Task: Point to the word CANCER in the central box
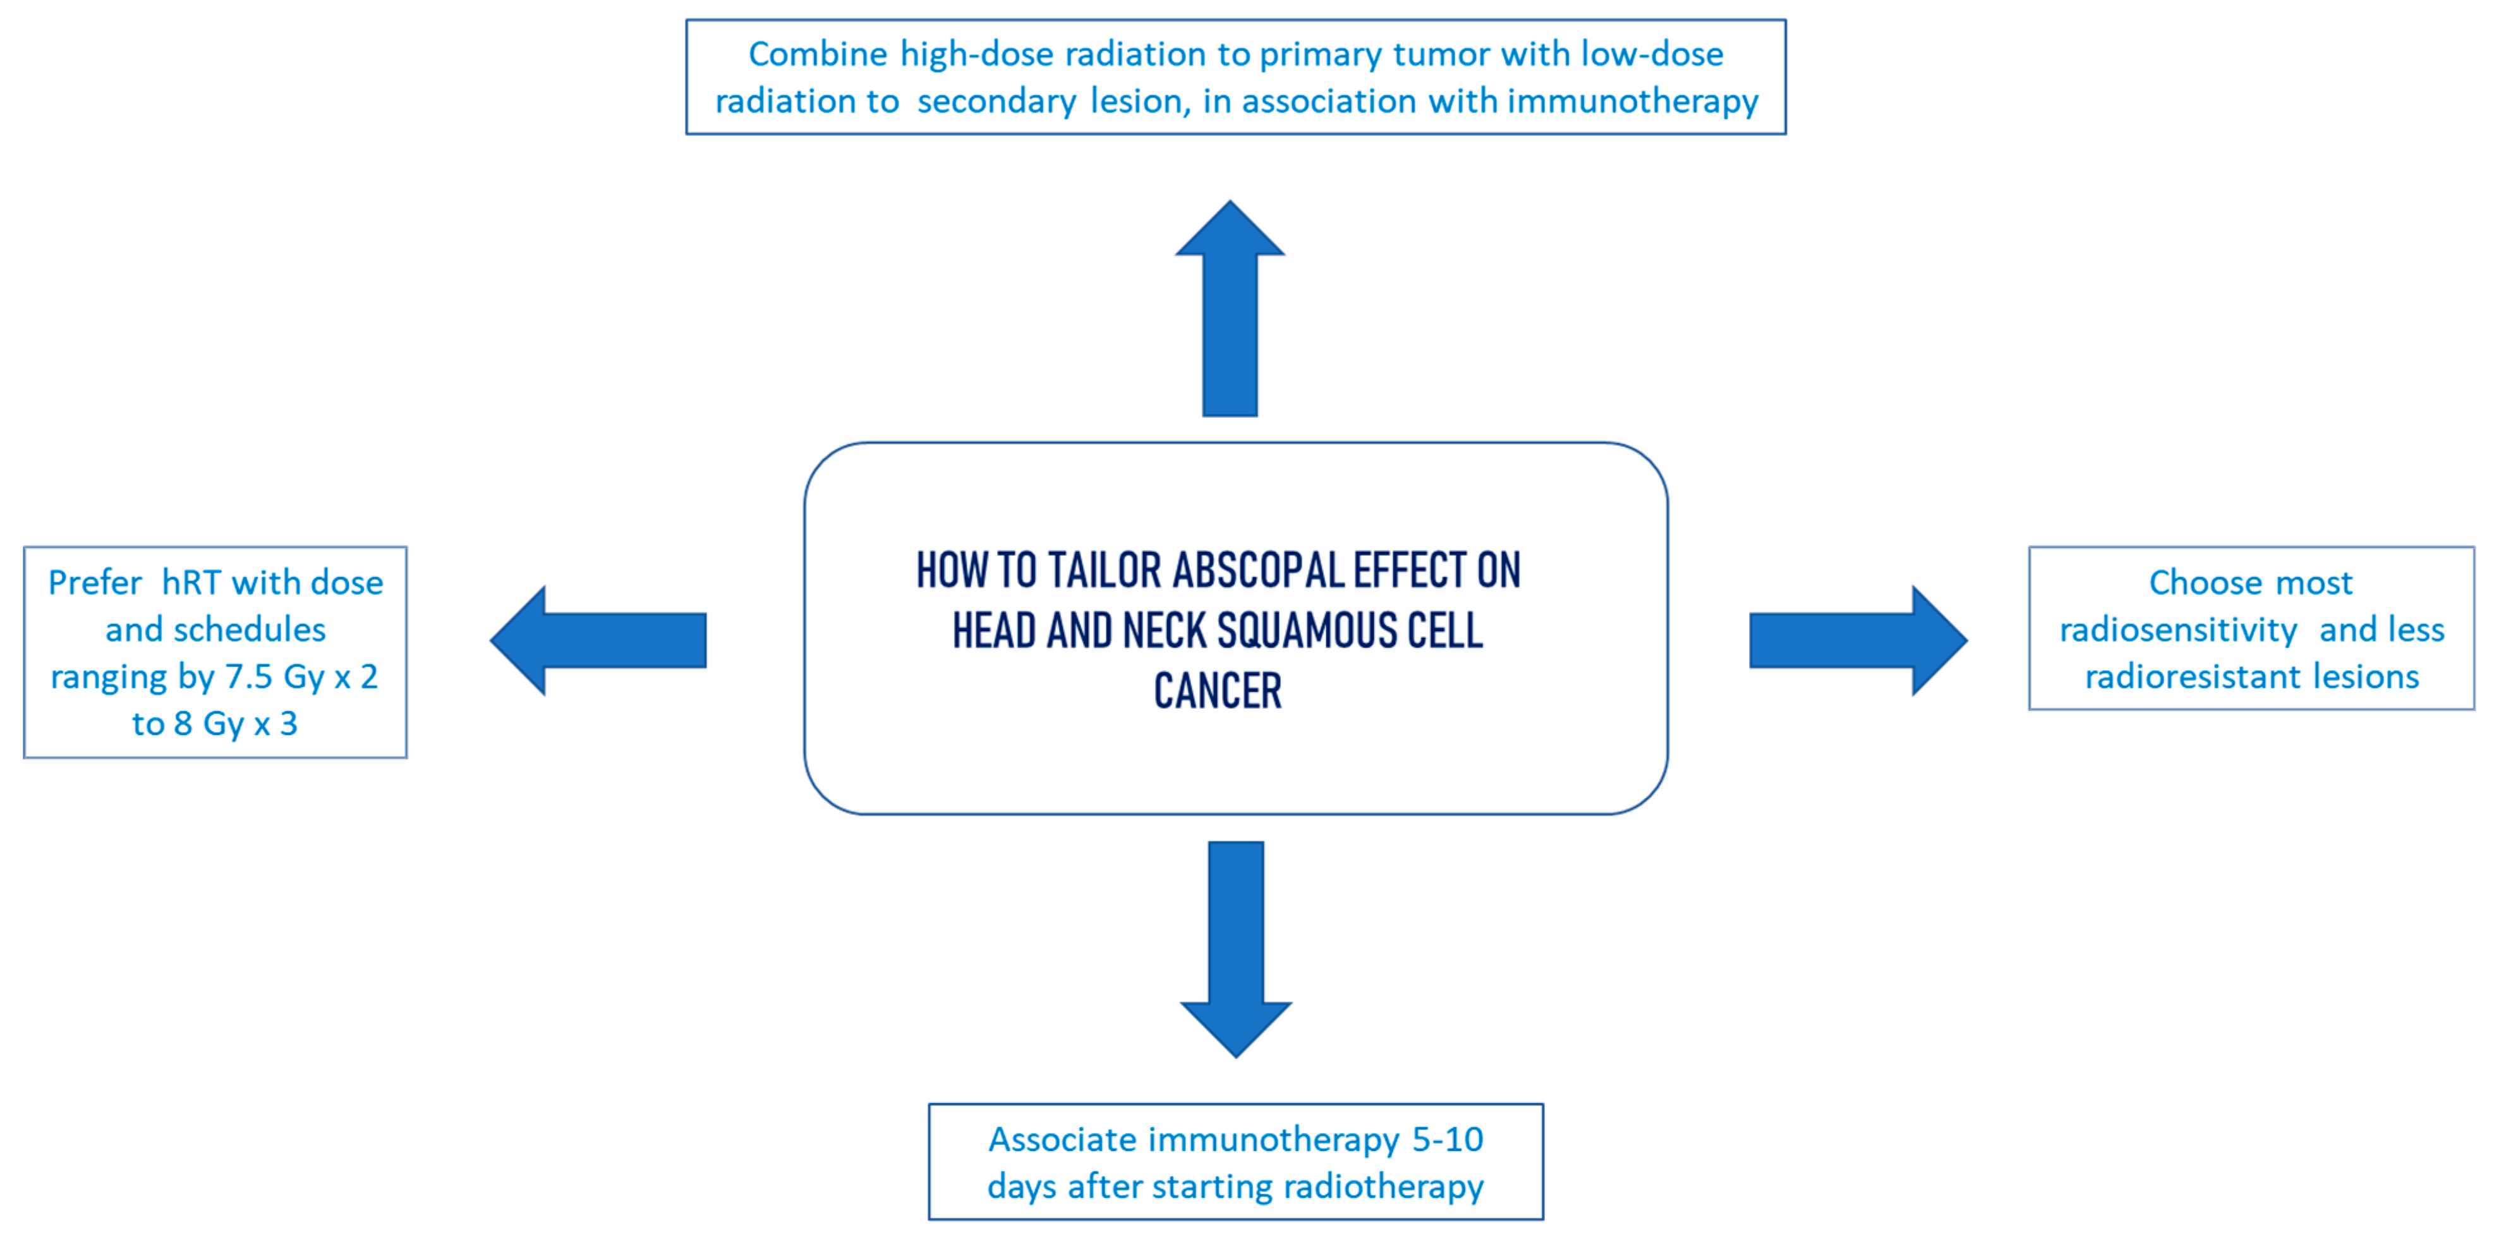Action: pyautogui.click(x=1218, y=692)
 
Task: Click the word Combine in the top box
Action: pyautogui.click(x=817, y=54)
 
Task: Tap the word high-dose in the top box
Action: pyautogui.click(x=976, y=54)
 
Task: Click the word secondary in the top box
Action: pyautogui.click(x=996, y=101)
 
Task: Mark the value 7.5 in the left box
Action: pyautogui.click(x=248, y=676)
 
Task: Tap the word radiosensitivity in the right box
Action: pyautogui.click(x=2178, y=630)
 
